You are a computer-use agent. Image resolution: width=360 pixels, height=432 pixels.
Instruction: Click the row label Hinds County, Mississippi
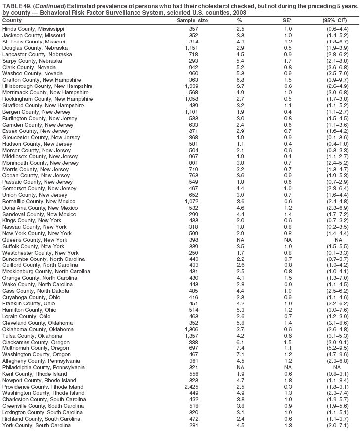point(33,29)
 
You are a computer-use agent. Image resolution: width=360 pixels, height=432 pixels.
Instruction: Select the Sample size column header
point(192,21)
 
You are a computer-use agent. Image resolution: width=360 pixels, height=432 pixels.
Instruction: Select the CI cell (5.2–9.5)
point(337,348)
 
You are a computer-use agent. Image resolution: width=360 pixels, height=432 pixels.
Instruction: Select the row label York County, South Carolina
point(36,425)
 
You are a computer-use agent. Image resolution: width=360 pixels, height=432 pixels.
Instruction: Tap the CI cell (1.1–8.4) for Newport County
point(337,380)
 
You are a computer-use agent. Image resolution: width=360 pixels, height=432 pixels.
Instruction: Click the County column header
point(12,21)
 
